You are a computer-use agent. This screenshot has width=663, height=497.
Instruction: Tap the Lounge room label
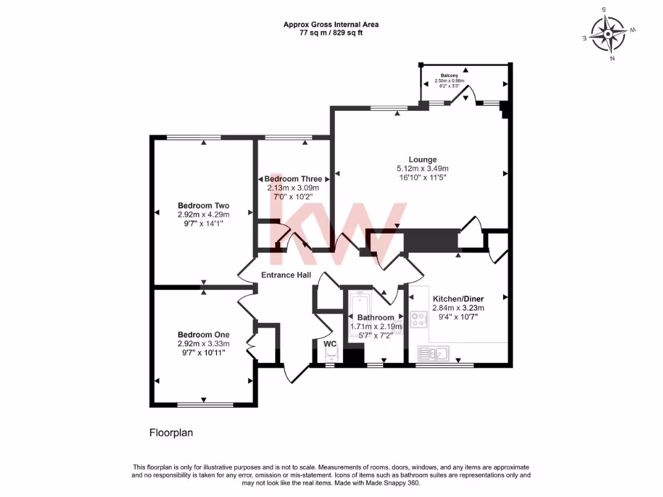point(422,159)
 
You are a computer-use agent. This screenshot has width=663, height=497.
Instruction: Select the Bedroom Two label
point(204,206)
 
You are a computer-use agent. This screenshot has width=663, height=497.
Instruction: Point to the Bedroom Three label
point(293,179)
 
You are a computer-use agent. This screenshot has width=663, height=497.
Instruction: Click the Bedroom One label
point(204,335)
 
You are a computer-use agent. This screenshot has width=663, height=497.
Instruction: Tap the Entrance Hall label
point(286,275)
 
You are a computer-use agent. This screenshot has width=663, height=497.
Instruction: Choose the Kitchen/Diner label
point(458,299)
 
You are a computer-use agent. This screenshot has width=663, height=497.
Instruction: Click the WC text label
point(330,344)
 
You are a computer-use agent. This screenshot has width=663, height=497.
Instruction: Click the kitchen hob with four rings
point(417,320)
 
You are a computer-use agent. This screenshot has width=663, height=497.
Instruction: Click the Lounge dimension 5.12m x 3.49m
point(422,168)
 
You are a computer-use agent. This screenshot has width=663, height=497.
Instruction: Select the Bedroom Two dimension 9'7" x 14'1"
point(204,223)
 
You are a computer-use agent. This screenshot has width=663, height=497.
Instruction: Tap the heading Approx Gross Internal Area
point(331,25)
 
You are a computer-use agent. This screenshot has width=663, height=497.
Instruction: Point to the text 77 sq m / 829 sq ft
point(331,32)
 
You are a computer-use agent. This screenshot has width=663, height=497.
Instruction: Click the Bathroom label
point(376,318)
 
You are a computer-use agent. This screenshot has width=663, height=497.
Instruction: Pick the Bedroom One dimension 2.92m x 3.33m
point(204,344)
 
